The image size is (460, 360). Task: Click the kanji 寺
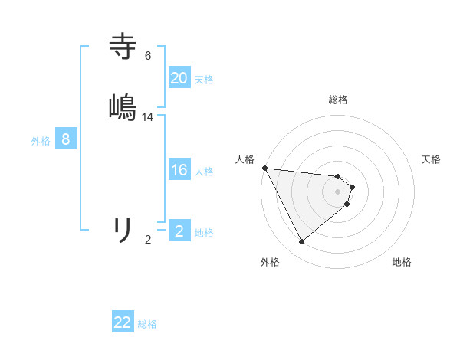coord(123,46)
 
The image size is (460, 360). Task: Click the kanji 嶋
coord(123,106)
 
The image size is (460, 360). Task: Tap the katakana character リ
coord(123,229)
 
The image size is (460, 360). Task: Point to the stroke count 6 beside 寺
coord(148,55)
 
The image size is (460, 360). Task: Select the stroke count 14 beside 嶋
coord(148,116)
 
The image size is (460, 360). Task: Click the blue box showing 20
coord(179,78)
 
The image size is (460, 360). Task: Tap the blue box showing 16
coord(179,170)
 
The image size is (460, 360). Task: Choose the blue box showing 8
coord(66,139)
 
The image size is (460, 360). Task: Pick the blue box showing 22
coord(123,322)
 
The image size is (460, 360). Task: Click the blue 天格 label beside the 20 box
coord(204,79)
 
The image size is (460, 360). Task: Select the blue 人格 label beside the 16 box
coord(204,171)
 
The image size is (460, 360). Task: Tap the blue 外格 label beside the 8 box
coord(41,140)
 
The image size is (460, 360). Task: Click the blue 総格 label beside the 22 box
coord(147,323)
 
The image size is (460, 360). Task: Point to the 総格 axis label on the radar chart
coord(338,100)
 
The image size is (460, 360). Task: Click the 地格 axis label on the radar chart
coord(402,262)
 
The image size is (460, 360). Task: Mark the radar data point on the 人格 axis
coord(264,168)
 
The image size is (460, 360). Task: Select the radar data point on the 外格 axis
coord(301,242)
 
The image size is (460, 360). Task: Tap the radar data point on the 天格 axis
coord(352,186)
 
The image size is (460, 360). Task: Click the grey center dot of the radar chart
coord(338,191)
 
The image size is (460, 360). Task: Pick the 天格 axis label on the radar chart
coord(432,159)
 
